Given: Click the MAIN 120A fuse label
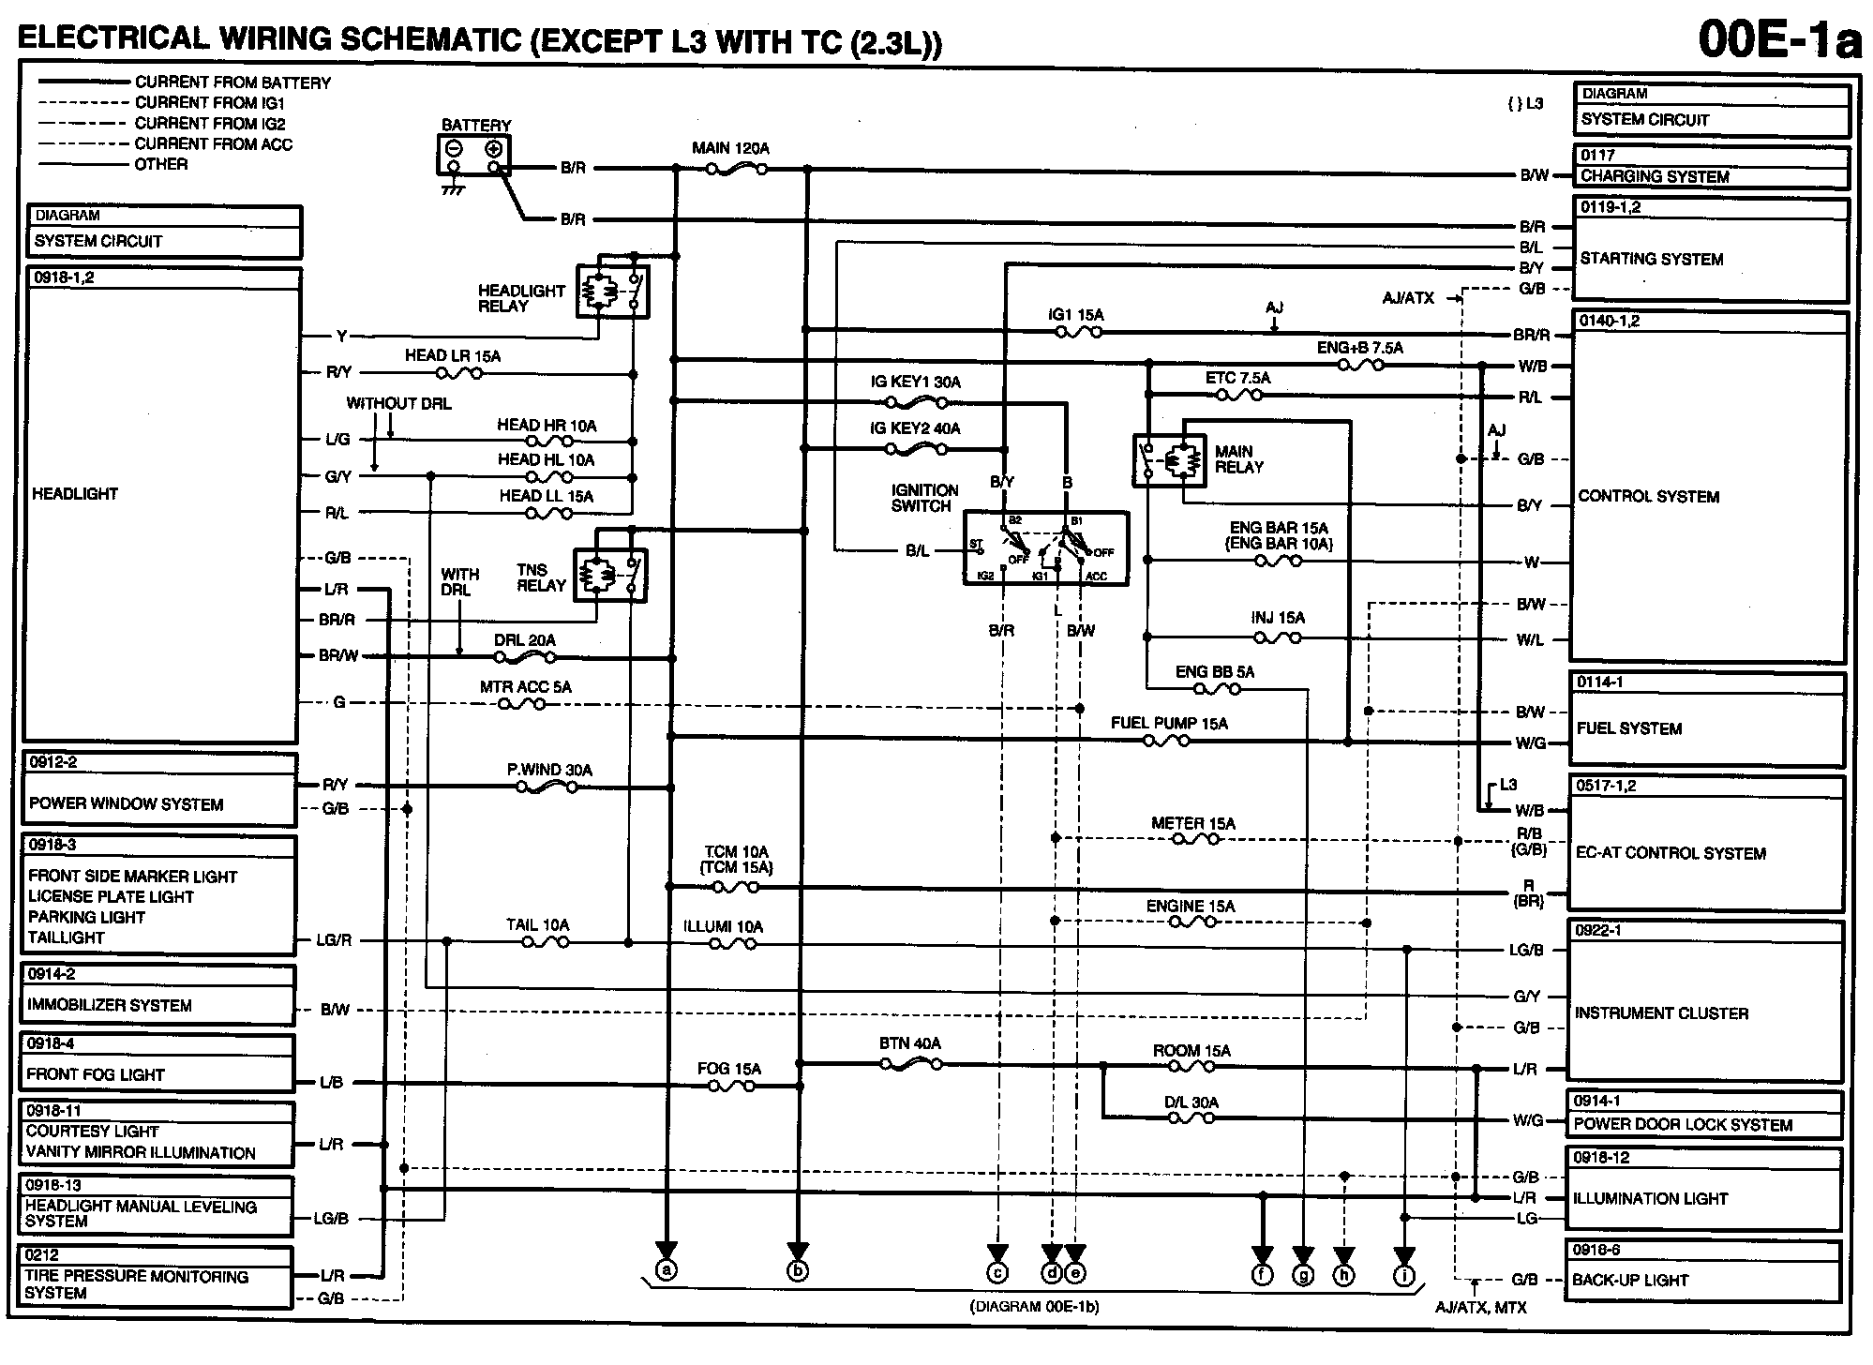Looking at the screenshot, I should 730,148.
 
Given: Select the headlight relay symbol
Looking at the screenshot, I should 612,292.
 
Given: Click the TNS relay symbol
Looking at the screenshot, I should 610,574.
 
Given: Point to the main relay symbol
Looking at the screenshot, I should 1169,460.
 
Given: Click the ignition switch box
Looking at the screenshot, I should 1045,547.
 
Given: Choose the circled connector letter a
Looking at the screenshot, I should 666,1271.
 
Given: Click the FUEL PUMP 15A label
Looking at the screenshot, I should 1168,723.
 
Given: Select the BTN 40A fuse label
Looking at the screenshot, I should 909,1043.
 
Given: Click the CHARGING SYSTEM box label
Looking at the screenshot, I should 1655,176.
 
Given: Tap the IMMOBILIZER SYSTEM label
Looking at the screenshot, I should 110,1005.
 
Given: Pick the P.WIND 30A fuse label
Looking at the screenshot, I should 549,770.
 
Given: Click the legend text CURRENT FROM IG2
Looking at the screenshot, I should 210,123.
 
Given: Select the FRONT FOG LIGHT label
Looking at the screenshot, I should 96,1074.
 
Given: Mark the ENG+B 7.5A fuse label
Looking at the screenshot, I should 1359,348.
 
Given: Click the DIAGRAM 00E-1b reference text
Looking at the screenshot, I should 1033,1306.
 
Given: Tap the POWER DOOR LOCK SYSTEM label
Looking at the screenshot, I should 1683,1124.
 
